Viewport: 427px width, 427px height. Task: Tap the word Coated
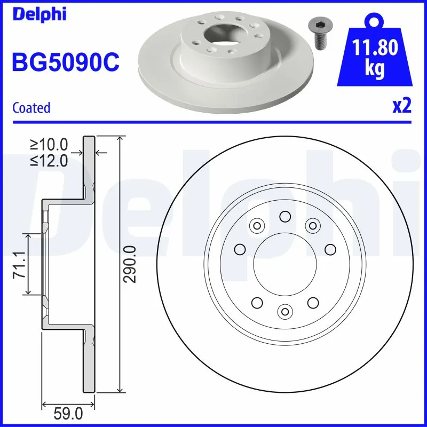(x=31, y=108)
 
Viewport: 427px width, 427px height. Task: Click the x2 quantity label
(x=402, y=107)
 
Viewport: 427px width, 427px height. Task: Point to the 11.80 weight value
(x=376, y=49)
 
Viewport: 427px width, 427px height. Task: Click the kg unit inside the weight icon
(x=375, y=70)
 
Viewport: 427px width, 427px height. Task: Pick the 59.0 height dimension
(x=68, y=413)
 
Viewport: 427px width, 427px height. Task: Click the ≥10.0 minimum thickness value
(x=49, y=145)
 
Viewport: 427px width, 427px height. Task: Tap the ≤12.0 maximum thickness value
(x=49, y=160)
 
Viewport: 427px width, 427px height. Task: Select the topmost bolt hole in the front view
(x=284, y=216)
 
